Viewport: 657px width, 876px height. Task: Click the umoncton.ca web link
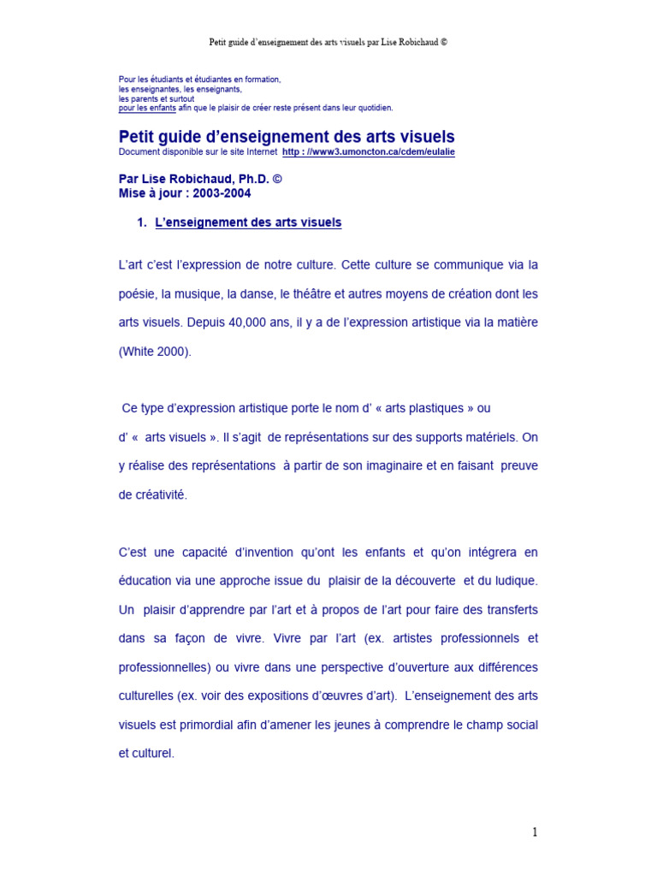pos(369,151)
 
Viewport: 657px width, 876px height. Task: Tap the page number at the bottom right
pos(535,832)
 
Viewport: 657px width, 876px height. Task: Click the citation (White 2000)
pos(155,352)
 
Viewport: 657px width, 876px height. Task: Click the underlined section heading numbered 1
pos(248,222)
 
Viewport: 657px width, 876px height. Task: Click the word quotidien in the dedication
pos(371,108)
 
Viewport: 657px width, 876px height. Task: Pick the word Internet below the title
pos(260,151)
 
